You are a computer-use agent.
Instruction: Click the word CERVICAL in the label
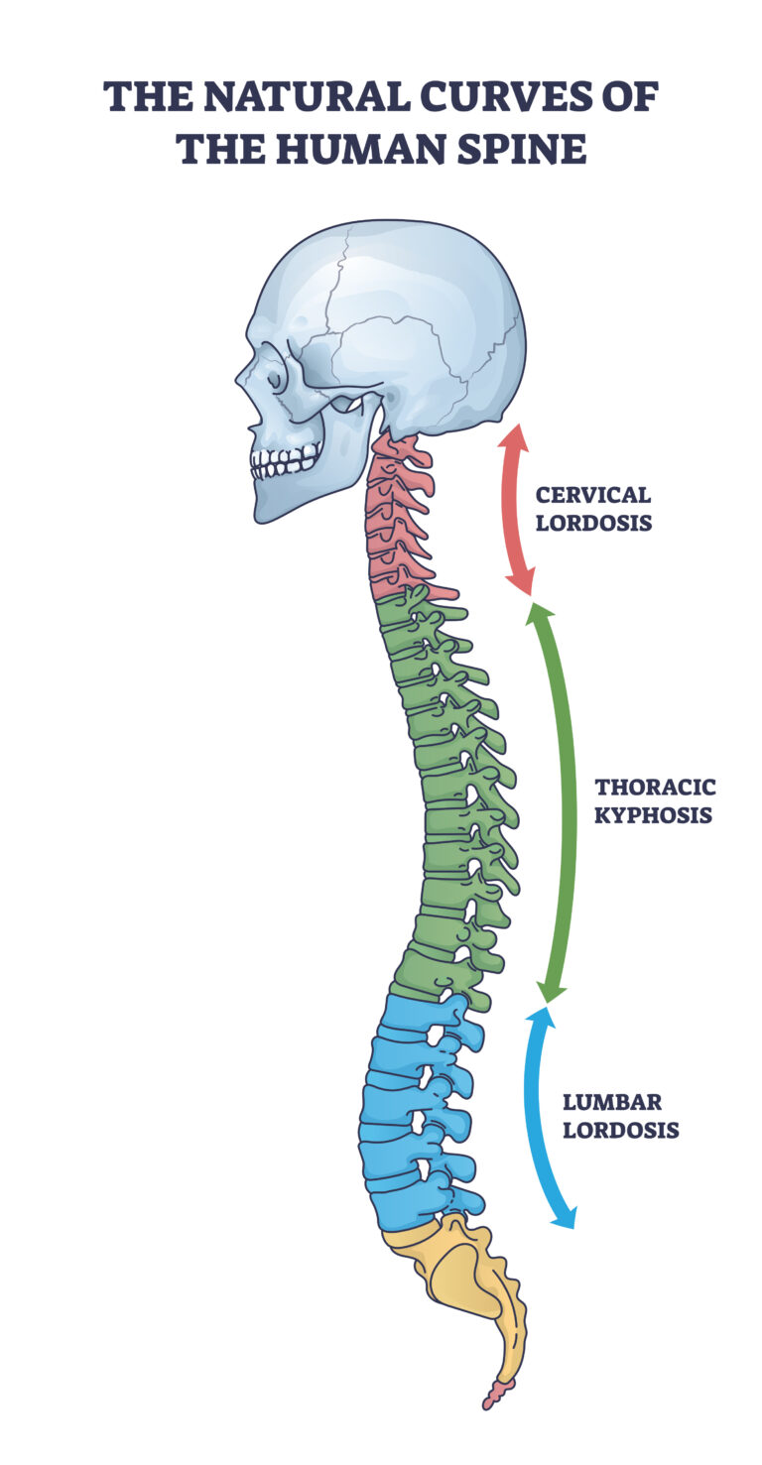point(592,495)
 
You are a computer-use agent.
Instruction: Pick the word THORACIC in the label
point(655,788)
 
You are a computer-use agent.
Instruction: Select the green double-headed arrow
point(567,803)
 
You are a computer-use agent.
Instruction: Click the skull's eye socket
point(273,375)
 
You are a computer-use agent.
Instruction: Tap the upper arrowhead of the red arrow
point(513,437)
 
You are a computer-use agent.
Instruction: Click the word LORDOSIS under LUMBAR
point(621,1130)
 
